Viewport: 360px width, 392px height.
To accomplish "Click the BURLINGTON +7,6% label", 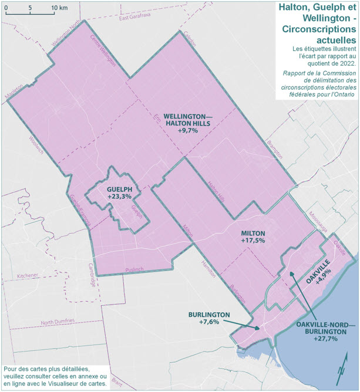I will [x=208, y=318].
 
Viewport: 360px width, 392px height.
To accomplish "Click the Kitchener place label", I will [x=27, y=275].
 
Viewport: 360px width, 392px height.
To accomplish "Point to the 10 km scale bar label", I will [x=59, y=8].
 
